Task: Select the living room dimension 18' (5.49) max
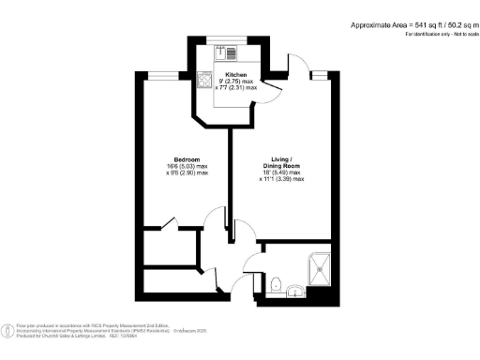(281, 172)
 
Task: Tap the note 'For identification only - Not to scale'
(439, 34)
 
